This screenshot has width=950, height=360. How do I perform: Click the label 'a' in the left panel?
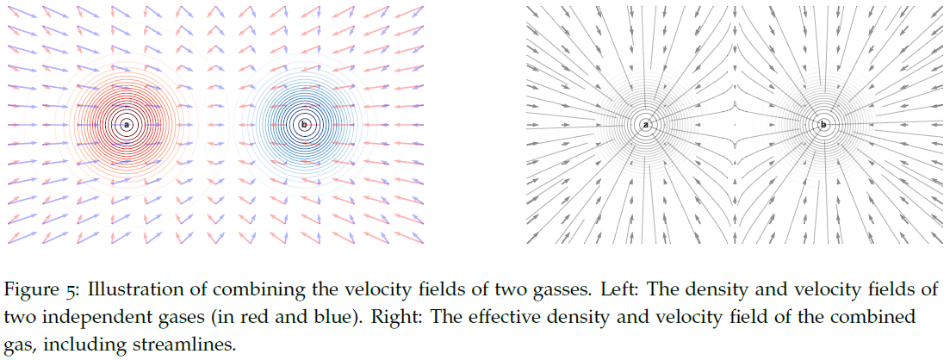click(127, 125)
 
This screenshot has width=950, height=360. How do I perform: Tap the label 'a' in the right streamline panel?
click(645, 126)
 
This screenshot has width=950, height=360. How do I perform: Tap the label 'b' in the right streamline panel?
click(823, 126)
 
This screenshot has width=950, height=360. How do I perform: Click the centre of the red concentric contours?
click(127, 125)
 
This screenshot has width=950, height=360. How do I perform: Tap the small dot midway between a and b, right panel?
click(734, 126)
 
